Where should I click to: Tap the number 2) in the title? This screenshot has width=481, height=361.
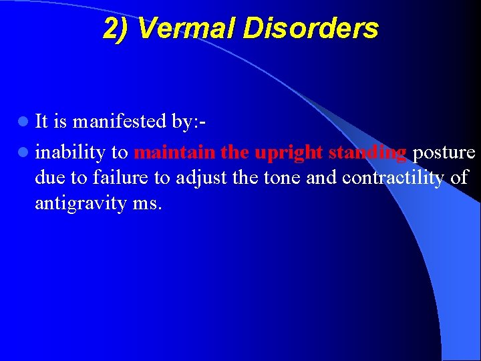tap(117, 28)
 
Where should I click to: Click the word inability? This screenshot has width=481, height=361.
tap(70, 153)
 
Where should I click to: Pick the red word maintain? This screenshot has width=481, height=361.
tap(174, 152)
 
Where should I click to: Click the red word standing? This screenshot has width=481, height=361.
tap(365, 153)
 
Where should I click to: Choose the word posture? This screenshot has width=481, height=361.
tap(443, 153)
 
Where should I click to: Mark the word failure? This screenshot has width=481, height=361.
tap(118, 178)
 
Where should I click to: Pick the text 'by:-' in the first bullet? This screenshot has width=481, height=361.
tap(188, 121)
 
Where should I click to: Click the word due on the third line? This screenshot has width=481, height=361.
tap(49, 178)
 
